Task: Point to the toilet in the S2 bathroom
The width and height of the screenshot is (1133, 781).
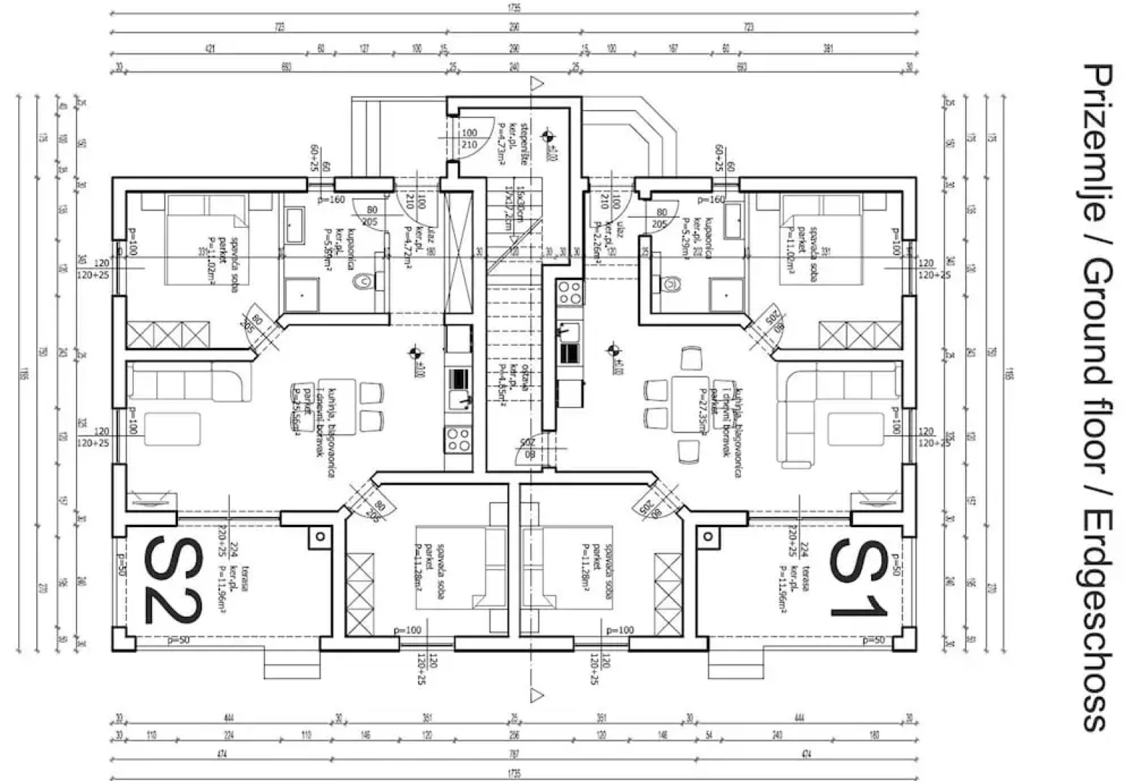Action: coord(364,281)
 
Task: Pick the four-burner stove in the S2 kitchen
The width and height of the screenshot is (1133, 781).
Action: coord(458,439)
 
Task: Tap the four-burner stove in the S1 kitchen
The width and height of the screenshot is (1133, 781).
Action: coord(569,292)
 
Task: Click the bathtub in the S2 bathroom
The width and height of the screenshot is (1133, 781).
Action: coord(296,226)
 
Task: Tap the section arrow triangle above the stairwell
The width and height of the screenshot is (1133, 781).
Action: coord(536,84)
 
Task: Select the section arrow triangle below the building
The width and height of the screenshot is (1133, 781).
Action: coord(536,696)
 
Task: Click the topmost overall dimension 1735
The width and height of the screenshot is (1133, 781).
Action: coord(514,8)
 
